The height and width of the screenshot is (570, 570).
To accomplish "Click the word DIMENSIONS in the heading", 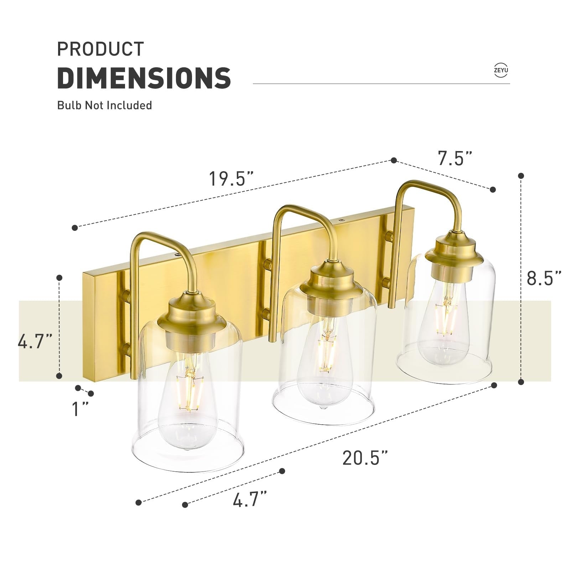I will point(144,78).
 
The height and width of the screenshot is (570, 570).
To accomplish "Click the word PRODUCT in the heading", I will point(100,49).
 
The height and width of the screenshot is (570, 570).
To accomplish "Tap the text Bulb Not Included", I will point(104,105).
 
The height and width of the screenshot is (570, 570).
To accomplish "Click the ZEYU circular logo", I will point(501,70).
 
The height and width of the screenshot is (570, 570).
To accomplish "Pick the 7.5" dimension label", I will point(455,159).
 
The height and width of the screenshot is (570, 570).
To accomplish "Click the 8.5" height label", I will point(544,278).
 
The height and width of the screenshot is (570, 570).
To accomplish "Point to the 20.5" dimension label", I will point(365,458).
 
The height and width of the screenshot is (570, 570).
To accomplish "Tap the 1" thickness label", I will point(80,409).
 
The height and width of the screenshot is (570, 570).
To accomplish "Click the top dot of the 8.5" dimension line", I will point(521,176).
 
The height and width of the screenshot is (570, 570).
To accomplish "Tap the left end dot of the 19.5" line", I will point(74,228).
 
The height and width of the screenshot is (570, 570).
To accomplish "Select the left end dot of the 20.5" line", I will point(139,503).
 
